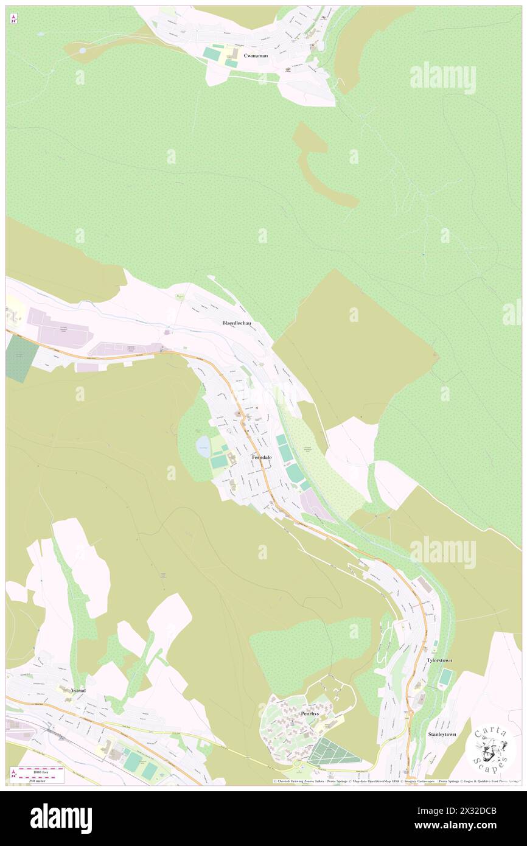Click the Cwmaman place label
(x=256, y=55)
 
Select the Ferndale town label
(x=262, y=457)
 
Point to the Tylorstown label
(x=439, y=660)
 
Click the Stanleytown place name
(x=442, y=735)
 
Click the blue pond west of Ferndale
(x=203, y=447)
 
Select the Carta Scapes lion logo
(x=490, y=747)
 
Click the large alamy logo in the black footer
(x=61, y=818)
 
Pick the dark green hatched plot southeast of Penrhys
(x=332, y=752)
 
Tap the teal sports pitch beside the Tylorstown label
(x=445, y=677)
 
